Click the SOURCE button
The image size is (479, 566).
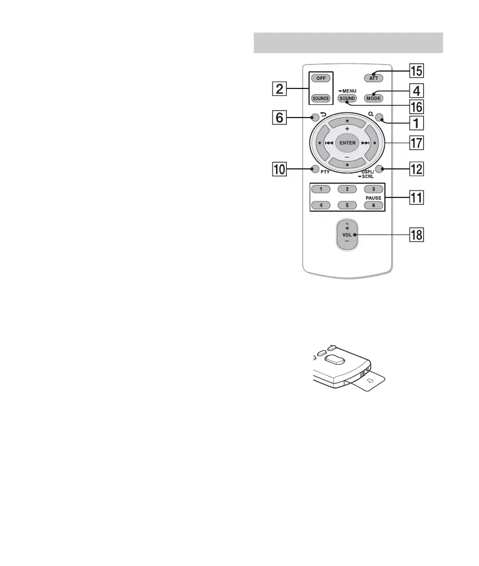(x=320, y=98)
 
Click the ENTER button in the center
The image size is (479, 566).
(x=347, y=142)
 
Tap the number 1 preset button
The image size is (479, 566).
(x=321, y=189)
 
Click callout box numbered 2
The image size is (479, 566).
(x=278, y=88)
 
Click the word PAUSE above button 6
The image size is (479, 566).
(x=374, y=197)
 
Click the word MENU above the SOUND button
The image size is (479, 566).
(x=350, y=91)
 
